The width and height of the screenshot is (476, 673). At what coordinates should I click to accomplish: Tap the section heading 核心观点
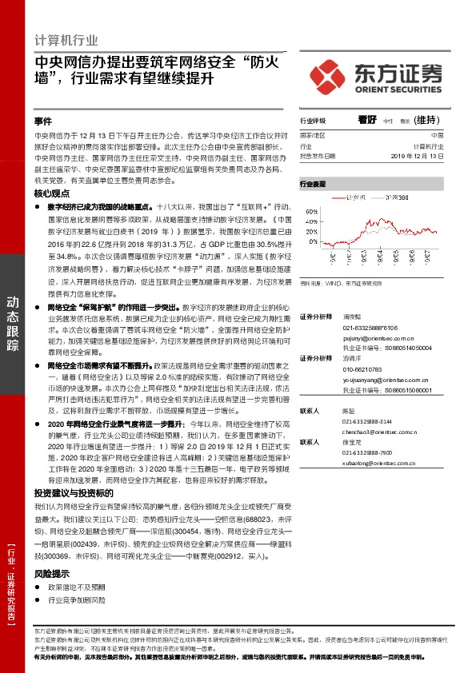coord(50,193)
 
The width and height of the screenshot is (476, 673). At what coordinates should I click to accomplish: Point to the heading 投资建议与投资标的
coord(69,493)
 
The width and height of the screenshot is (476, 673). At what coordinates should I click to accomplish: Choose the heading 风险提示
coord(50,574)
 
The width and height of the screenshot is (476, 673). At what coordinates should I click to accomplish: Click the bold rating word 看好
coord(366,120)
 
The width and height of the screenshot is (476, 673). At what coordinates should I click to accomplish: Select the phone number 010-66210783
coord(364,370)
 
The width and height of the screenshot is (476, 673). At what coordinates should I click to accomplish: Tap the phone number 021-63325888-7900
coord(368,452)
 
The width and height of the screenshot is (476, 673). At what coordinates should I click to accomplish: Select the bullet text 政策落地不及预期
coord(76,587)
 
